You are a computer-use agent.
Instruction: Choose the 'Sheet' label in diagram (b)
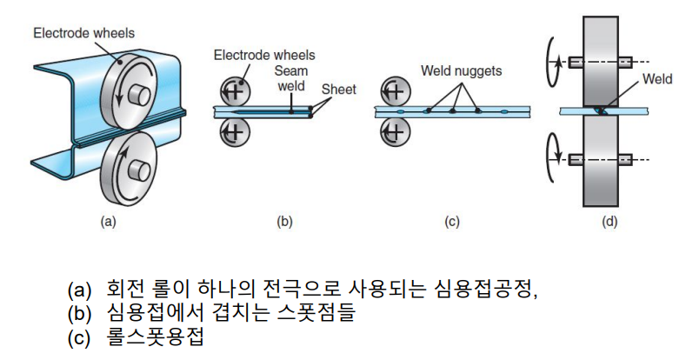(x=338, y=90)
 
